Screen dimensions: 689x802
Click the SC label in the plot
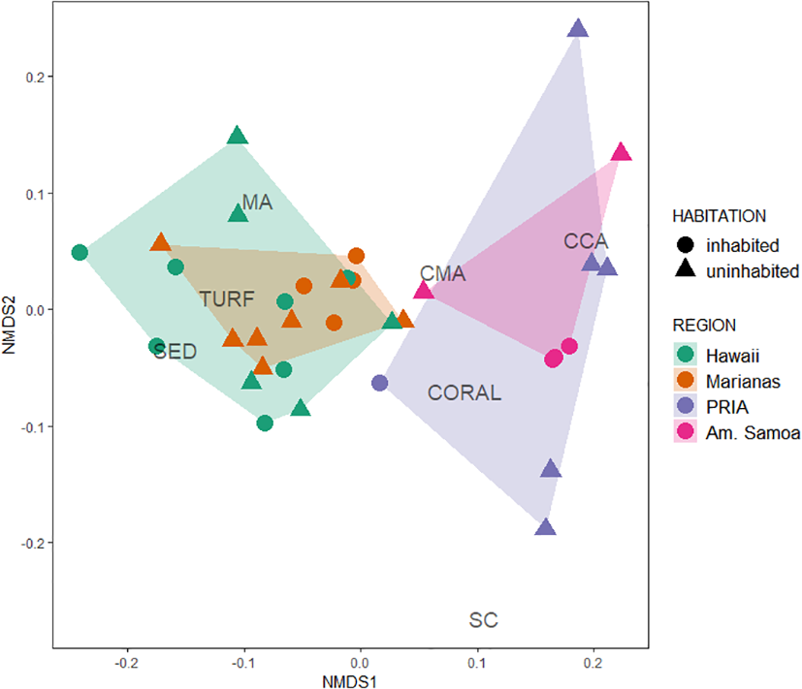(x=483, y=619)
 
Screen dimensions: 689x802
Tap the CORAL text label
(x=465, y=393)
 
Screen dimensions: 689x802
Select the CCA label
(x=585, y=241)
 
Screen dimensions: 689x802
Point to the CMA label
(x=442, y=274)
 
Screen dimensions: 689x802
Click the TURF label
(x=227, y=299)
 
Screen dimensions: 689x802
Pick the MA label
(x=257, y=204)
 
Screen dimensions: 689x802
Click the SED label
(x=176, y=352)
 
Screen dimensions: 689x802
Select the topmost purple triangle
(x=577, y=29)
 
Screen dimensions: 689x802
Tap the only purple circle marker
(x=380, y=383)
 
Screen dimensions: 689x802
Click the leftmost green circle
(x=80, y=253)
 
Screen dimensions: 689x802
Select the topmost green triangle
(x=238, y=136)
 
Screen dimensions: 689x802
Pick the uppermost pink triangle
(x=622, y=152)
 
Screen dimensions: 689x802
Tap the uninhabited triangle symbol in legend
(x=685, y=270)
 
